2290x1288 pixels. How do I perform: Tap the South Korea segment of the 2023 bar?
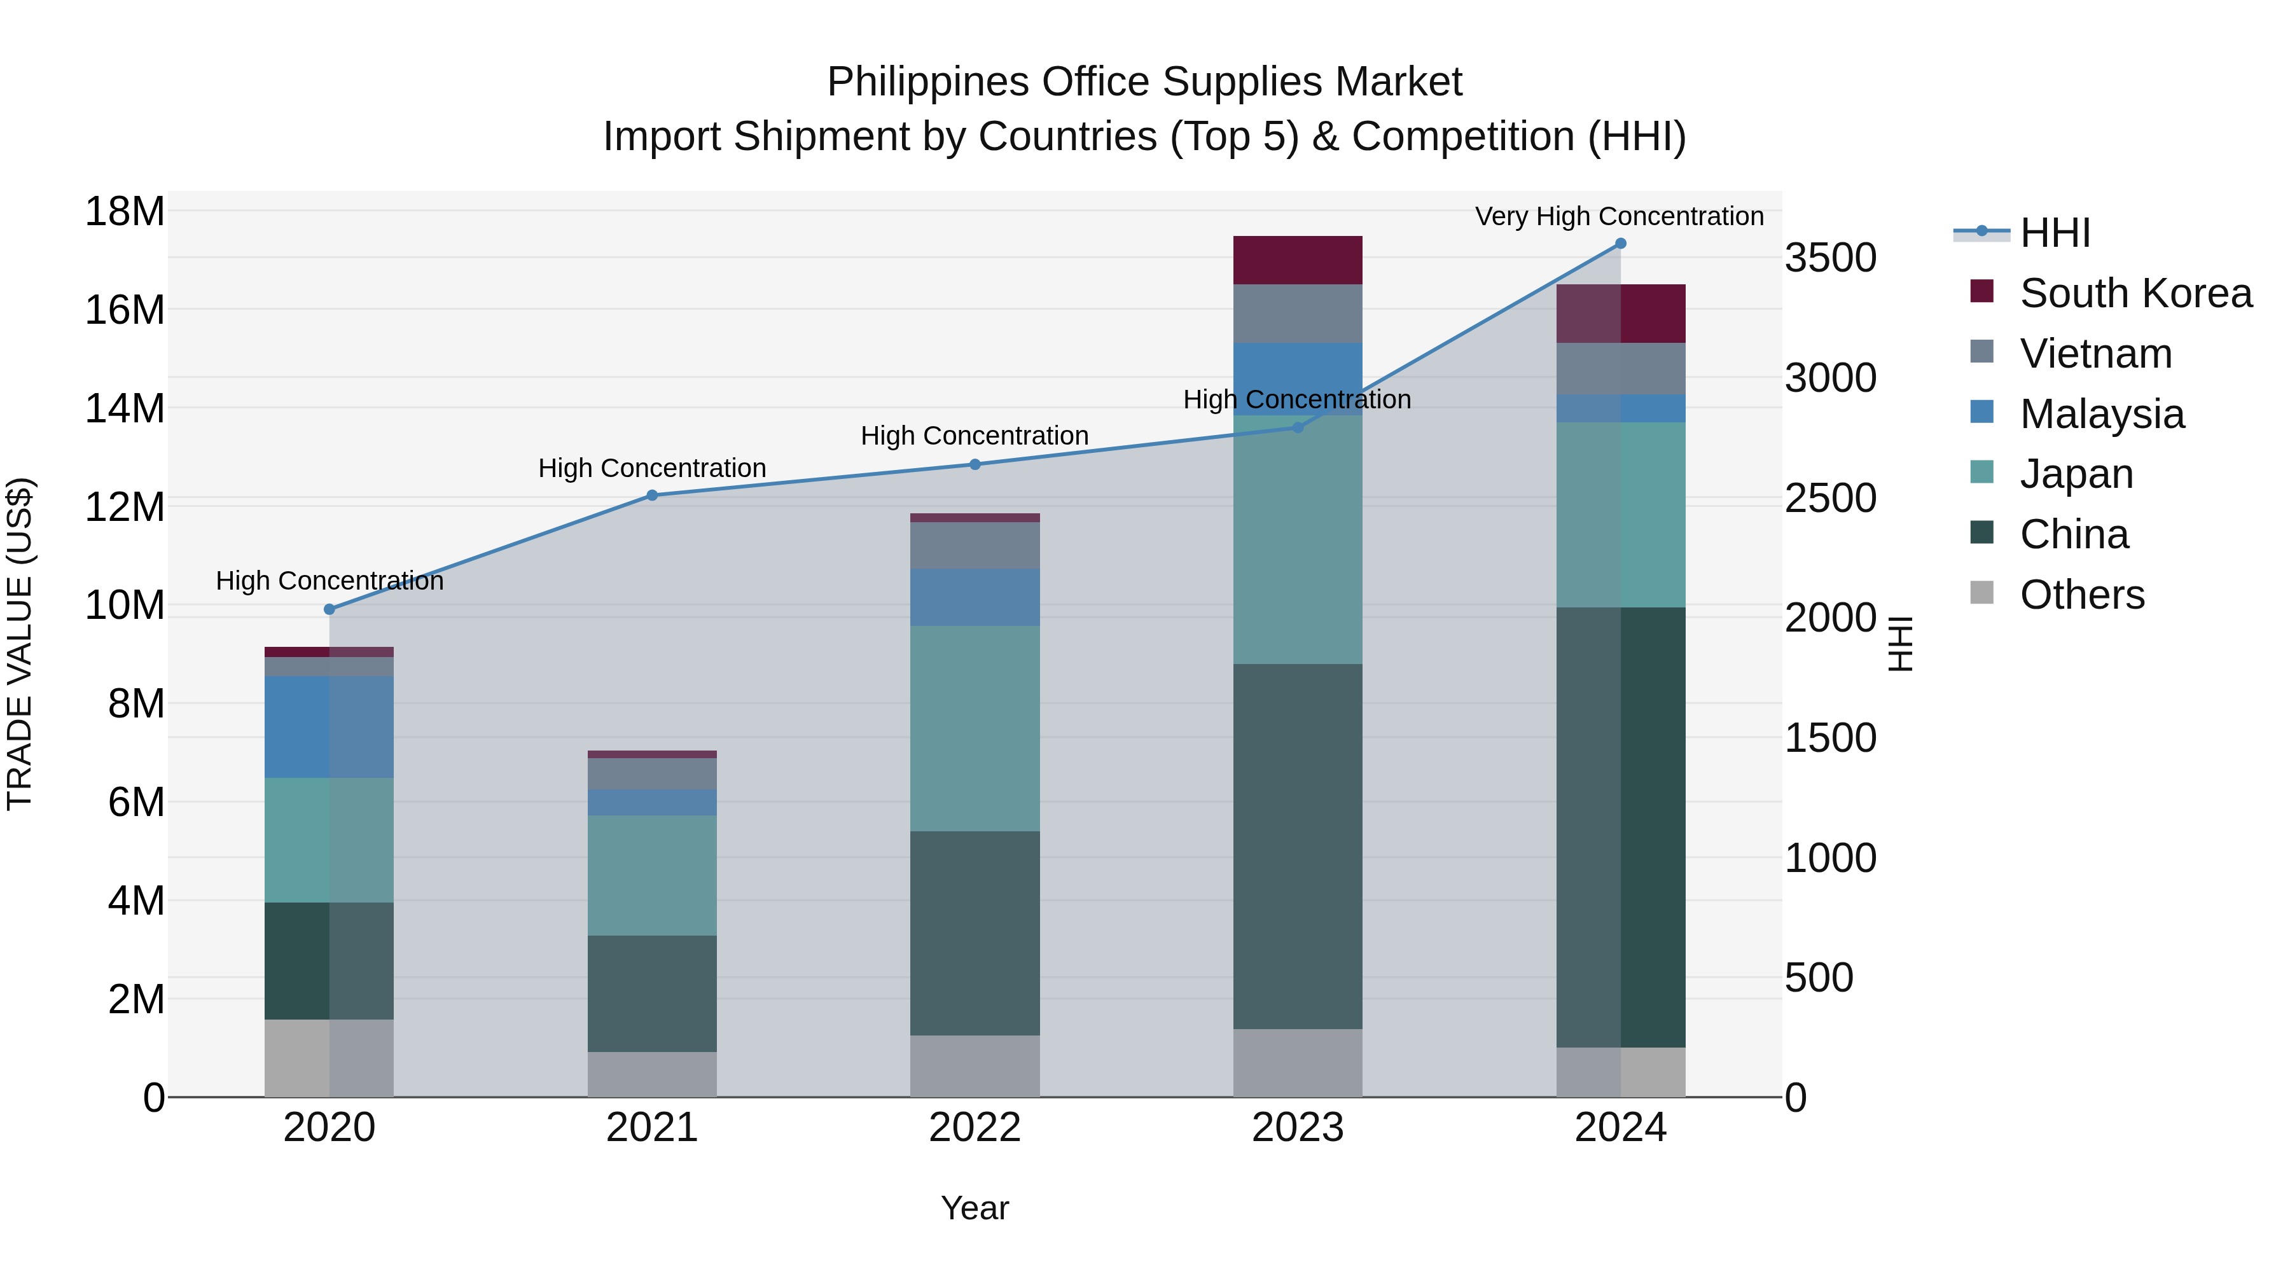click(x=1297, y=260)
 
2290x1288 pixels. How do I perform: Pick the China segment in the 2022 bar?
click(x=975, y=932)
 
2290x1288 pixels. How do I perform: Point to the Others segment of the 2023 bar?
click(x=1297, y=1062)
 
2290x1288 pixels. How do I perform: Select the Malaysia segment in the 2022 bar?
click(x=975, y=597)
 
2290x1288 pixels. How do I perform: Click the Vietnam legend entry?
click(x=2095, y=354)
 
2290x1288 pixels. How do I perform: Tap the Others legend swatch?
click(x=1981, y=593)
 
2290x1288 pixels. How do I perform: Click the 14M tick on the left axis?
click(x=125, y=409)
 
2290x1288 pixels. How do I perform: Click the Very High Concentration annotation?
click(x=1619, y=216)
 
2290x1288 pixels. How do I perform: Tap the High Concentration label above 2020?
click(x=329, y=581)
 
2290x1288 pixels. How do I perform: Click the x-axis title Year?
click(x=975, y=1208)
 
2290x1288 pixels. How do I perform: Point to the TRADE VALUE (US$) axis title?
click(x=20, y=644)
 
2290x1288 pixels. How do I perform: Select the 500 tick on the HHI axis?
click(x=1818, y=978)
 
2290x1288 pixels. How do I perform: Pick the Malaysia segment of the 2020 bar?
click(x=329, y=727)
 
